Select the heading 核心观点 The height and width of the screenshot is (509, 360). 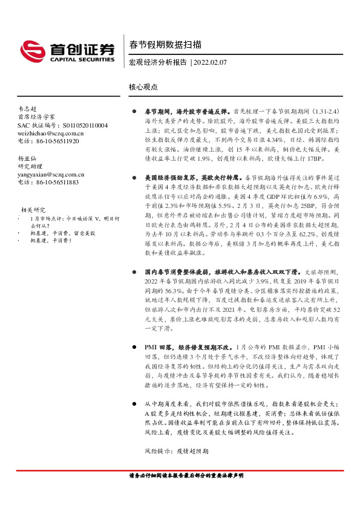(143, 87)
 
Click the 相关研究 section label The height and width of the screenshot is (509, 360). (33, 209)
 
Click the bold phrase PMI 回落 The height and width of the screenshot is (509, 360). (159, 348)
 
